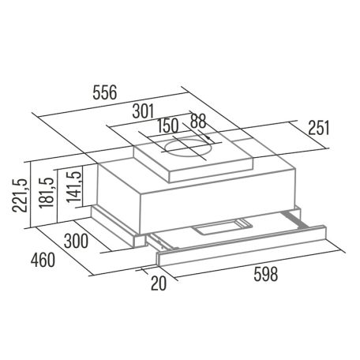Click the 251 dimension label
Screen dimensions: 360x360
315,128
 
